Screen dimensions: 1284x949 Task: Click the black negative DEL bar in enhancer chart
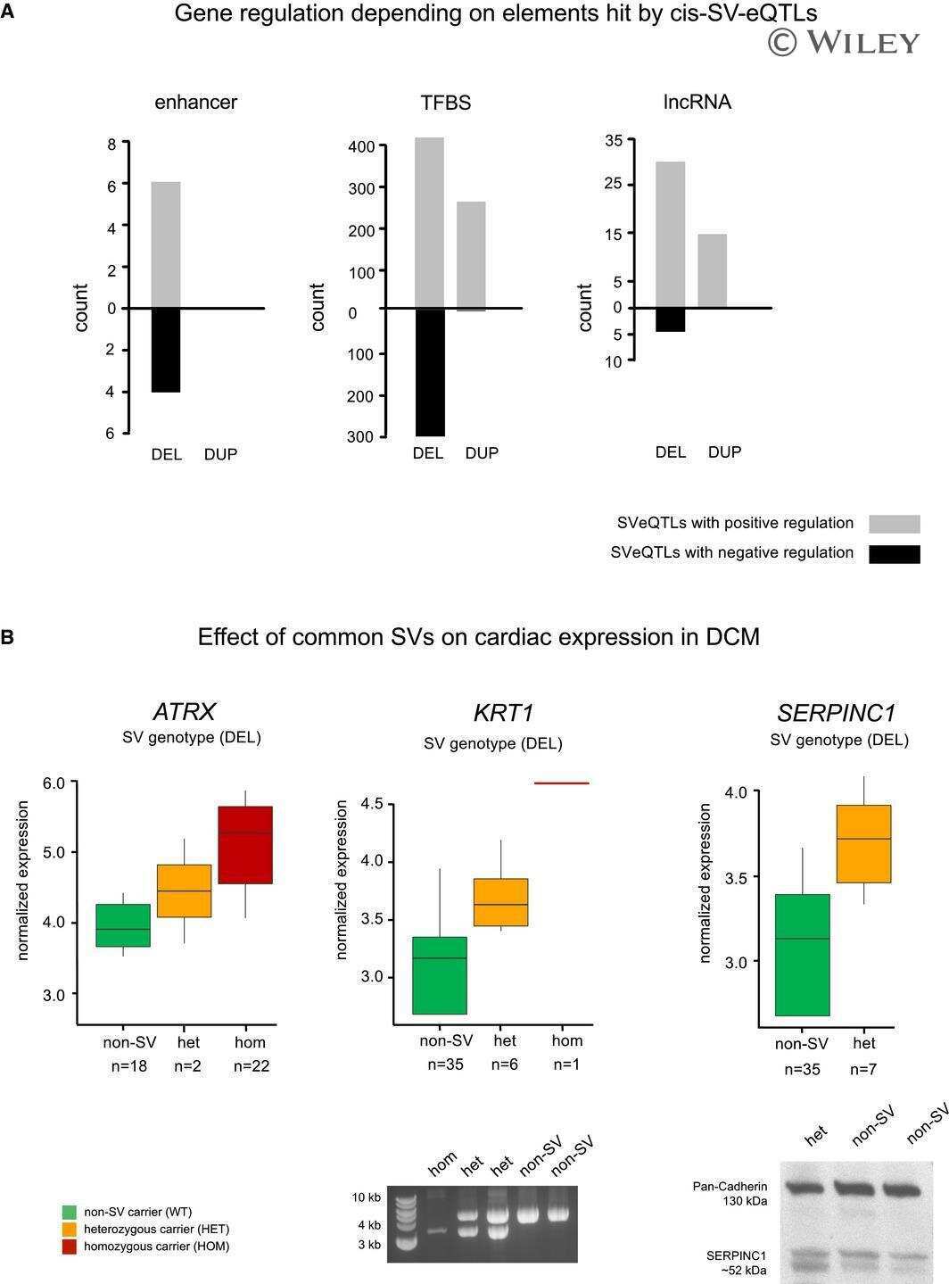166,350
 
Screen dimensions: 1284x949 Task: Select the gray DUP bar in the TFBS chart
472,255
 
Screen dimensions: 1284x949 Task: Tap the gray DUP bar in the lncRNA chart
713,271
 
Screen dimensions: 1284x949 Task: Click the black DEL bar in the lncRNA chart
671,320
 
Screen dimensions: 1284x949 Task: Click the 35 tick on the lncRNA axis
614,140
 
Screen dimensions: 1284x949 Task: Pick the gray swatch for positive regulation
895,524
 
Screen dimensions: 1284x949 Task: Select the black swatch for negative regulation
895,554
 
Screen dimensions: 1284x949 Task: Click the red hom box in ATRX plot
245,845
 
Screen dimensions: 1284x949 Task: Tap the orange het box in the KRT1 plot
501,902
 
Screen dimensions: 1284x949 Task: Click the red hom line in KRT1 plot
562,783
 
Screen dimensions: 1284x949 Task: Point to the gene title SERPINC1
837,713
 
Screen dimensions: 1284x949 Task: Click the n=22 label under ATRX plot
252,1066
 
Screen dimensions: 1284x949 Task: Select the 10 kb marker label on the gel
366,1197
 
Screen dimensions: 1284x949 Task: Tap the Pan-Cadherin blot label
730,1187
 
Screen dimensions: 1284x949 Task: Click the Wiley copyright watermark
844,42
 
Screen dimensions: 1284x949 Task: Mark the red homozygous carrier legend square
69,1247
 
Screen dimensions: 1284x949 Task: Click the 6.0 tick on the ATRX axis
54,783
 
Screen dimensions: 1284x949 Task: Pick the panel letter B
7,637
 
